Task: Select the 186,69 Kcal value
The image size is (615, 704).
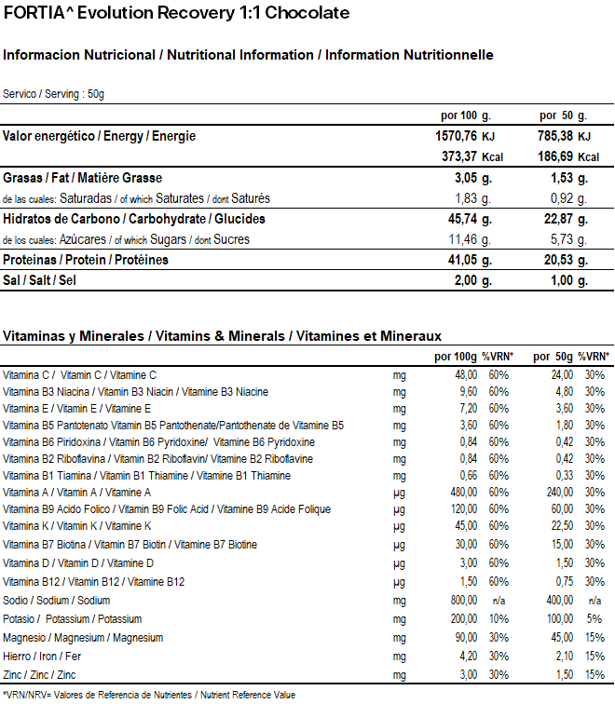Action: tap(555, 156)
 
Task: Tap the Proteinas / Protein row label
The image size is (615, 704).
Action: tap(86, 260)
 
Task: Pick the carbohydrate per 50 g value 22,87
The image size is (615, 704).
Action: tap(555, 220)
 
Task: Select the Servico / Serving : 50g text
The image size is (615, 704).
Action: tap(53, 94)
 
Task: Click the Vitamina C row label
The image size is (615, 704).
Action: tap(80, 374)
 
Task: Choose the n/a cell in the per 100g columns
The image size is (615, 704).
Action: tap(498, 601)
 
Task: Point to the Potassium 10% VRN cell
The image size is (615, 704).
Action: tap(498, 619)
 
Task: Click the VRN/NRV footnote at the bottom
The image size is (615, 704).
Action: tap(149, 695)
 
